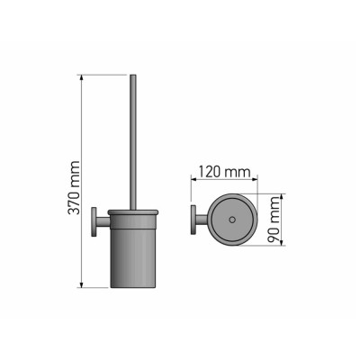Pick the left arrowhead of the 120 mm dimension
tap(192, 180)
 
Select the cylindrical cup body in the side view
tap(132, 252)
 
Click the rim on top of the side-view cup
tap(132, 212)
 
